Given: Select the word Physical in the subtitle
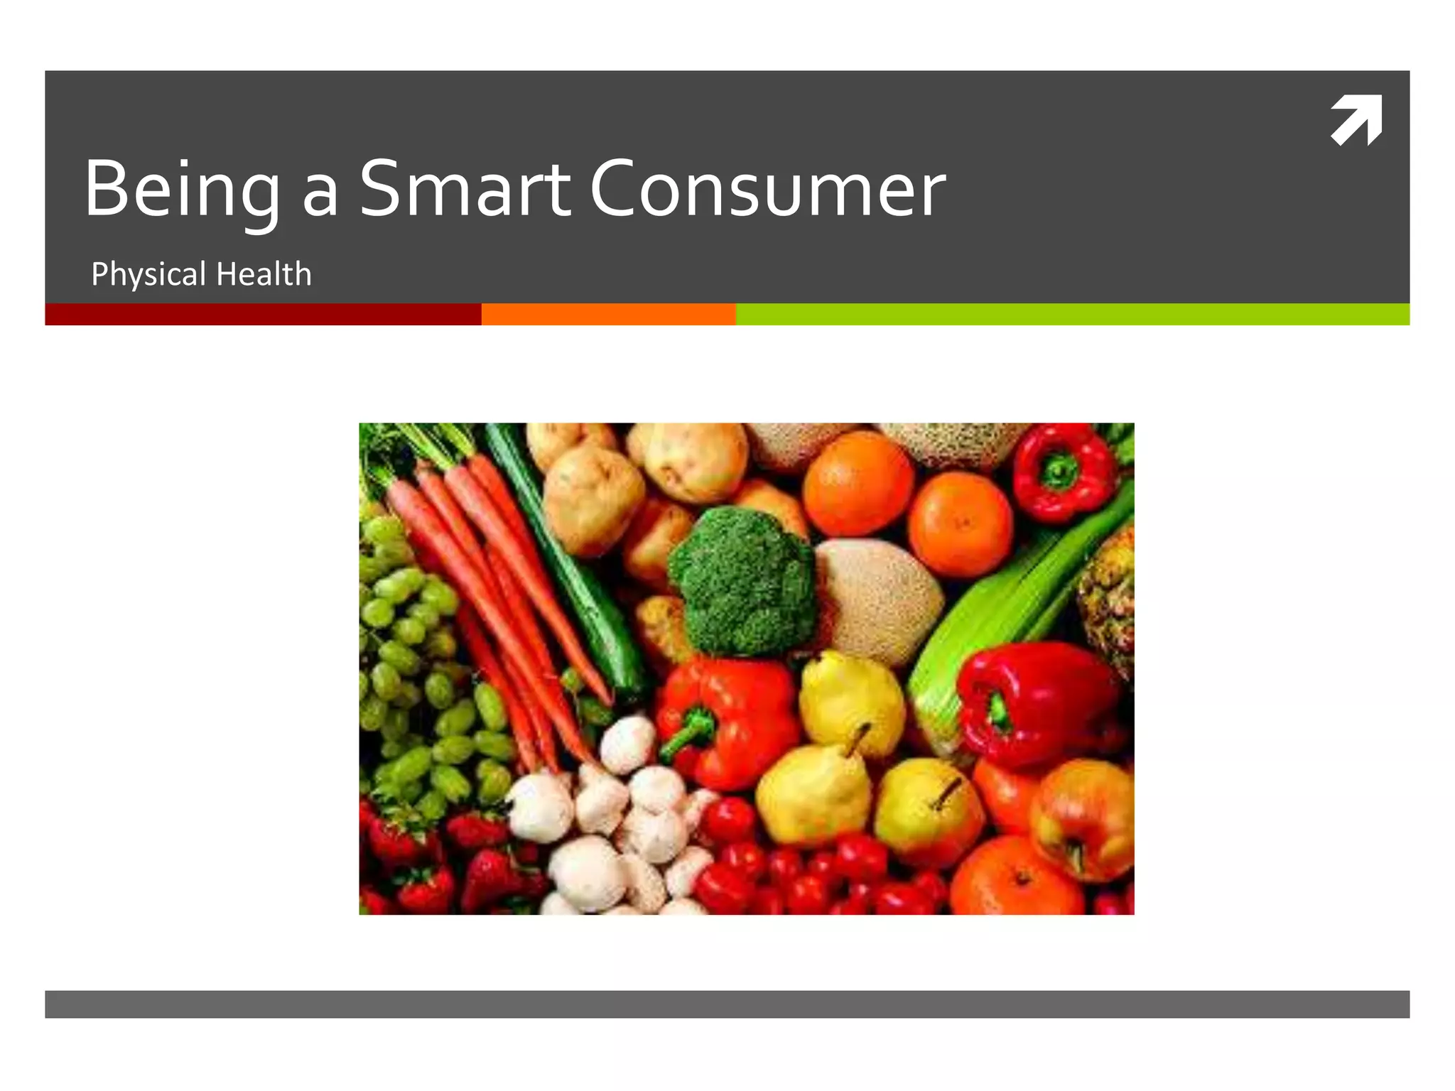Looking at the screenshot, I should pyautogui.click(x=148, y=274).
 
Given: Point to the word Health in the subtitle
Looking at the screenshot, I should pyautogui.click(x=264, y=274).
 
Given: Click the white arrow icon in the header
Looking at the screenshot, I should pyautogui.click(x=1356, y=120).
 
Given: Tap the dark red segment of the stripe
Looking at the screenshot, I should pyautogui.click(x=263, y=314).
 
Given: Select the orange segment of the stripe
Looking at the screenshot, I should pyautogui.click(x=608, y=314).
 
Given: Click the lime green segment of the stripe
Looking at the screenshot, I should pyautogui.click(x=1073, y=314).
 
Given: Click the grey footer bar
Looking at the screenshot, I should pyautogui.click(x=727, y=1004).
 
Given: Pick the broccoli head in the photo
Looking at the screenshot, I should pyautogui.click(x=742, y=579).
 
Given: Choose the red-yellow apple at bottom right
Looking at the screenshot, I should pyautogui.click(x=1083, y=817).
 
